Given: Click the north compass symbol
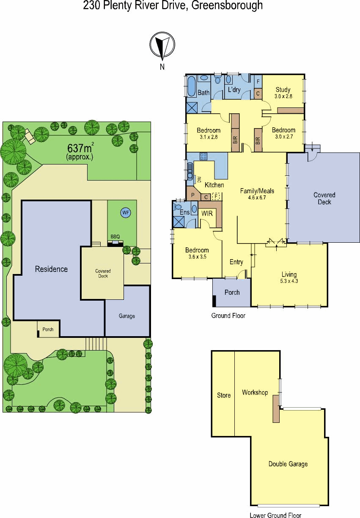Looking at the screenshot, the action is pos(162,45).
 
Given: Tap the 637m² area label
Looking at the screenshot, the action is pos(80,148).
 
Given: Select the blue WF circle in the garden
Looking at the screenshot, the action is pos(126,213).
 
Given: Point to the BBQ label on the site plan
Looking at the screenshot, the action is pos(115,236).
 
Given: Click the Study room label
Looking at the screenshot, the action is pos(283,90).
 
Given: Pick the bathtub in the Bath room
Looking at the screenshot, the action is pos(191,86).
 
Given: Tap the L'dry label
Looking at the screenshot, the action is pos(234,90).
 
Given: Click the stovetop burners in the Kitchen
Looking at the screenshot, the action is pos(203,156).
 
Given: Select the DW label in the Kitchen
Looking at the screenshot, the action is pos(199,179).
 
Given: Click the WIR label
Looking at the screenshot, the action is pos(207,213).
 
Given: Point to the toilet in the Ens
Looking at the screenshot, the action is pos(177,206).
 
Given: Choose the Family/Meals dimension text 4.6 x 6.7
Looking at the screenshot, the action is pos(257,197).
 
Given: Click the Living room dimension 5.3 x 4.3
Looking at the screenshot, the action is pos(289,281).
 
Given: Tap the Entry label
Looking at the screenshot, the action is pos(236,262).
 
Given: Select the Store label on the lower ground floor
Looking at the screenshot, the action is pos(224,395).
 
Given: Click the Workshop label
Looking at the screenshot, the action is pos(255,392).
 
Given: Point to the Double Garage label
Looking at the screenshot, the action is pos(288,464).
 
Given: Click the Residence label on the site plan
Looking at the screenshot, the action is pos(51,269).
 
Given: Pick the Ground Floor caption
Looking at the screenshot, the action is pos(228,315).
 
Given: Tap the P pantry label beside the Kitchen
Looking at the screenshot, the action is pos(192,195).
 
